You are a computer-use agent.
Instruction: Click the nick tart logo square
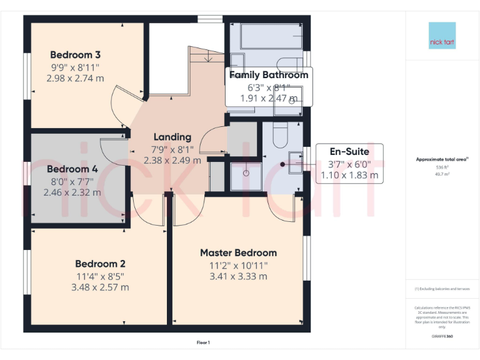(x=442, y=36)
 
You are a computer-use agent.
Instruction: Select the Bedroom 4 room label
(x=72, y=169)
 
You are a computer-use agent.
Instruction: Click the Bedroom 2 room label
(x=100, y=264)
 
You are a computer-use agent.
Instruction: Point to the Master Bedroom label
(x=238, y=252)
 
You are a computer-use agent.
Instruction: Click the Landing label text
(x=172, y=137)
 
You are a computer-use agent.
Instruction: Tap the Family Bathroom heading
(x=269, y=75)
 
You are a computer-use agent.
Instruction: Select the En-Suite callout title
(x=349, y=151)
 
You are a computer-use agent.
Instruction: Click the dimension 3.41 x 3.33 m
(x=238, y=276)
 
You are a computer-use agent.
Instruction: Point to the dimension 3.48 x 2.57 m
(x=100, y=287)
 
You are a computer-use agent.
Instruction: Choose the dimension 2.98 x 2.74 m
(x=74, y=78)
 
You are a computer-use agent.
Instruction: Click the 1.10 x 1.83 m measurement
(x=349, y=176)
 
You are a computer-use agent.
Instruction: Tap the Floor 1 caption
(x=203, y=342)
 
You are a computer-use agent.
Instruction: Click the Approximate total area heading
(x=441, y=159)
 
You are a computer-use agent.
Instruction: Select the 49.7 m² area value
(x=442, y=175)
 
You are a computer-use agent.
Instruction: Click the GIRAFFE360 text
(x=442, y=336)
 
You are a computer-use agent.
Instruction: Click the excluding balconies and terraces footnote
(x=442, y=289)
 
